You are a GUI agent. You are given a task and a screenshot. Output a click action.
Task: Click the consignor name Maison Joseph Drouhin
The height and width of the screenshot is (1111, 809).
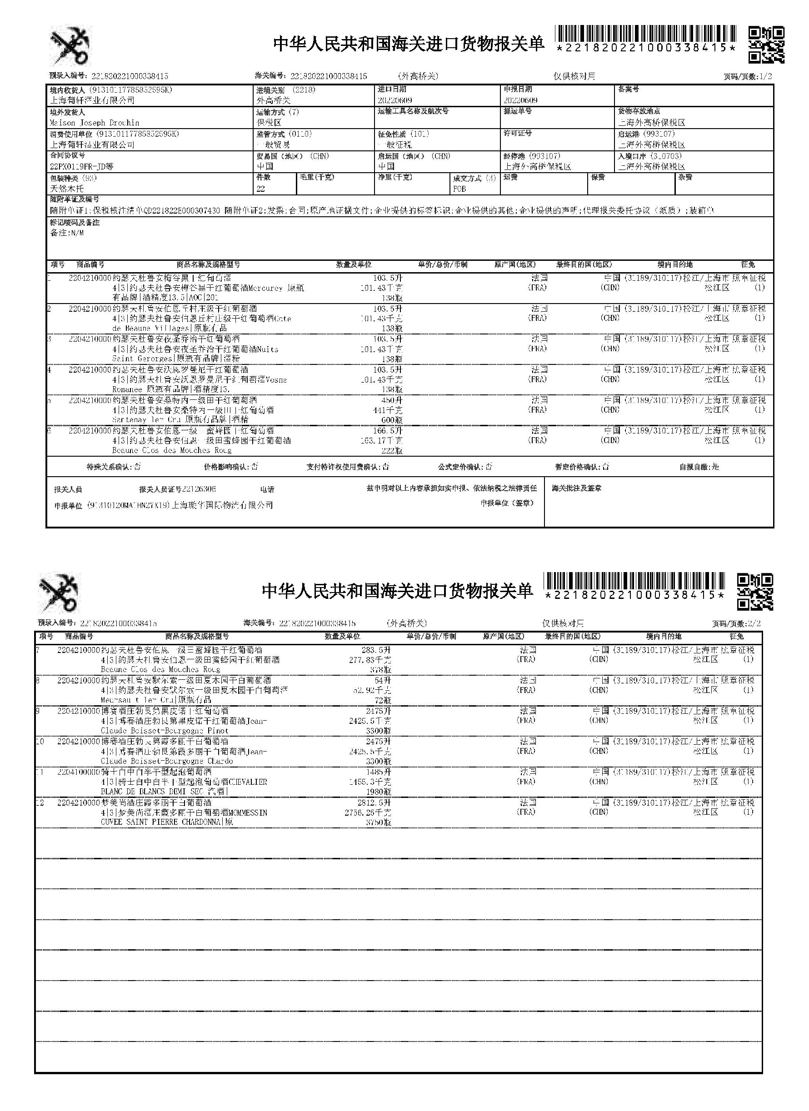point(95,123)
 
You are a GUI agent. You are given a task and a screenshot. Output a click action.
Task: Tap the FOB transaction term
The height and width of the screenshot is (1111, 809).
point(459,189)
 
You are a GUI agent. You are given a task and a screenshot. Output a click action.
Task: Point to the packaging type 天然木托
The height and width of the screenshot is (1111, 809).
point(67,188)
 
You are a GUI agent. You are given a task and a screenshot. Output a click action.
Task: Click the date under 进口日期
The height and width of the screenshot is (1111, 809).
point(395,100)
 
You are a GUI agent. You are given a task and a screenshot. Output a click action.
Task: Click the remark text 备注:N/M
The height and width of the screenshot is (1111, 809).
point(67,233)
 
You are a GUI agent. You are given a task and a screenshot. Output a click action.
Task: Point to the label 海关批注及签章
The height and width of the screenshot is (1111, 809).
point(576,488)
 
